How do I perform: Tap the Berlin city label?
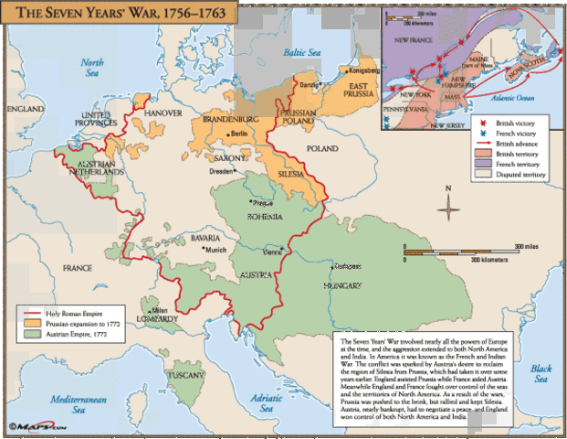click(x=238, y=134)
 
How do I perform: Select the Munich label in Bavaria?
click(x=214, y=249)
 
